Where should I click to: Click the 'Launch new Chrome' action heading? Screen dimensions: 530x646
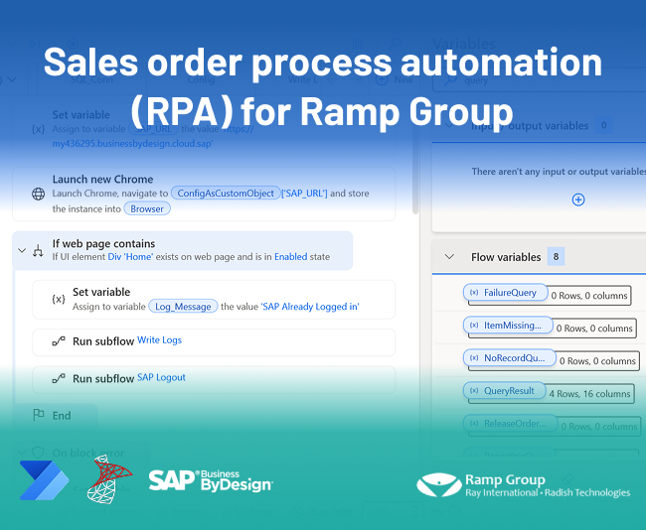[x=102, y=179]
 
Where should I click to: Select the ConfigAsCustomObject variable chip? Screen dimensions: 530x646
[x=224, y=193]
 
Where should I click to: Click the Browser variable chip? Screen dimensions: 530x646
[x=147, y=208]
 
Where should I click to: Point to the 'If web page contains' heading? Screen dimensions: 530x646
[x=103, y=243]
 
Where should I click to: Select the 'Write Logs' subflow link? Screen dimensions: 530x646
[x=159, y=340]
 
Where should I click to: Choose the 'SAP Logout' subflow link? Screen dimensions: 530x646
[x=161, y=378]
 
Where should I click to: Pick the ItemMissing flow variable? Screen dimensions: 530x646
[x=507, y=325]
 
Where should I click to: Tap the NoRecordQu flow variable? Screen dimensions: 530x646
[x=507, y=357]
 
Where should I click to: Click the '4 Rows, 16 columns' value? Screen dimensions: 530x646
[x=590, y=394]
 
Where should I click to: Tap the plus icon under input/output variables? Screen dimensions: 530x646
[x=578, y=199]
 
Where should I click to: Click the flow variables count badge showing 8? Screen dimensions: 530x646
[x=556, y=256]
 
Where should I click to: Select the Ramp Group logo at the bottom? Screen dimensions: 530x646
[x=522, y=484]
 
